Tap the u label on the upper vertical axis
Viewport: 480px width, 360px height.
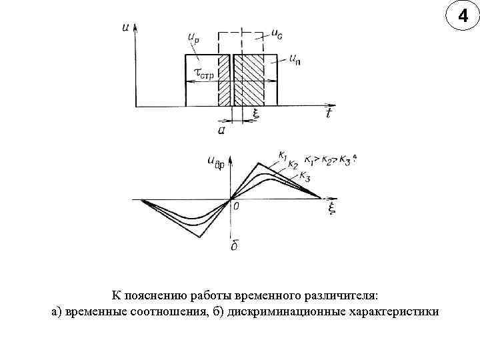[x=125, y=28]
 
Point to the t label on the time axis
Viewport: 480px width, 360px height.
[x=329, y=114]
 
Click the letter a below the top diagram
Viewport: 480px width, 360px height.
[x=222, y=131]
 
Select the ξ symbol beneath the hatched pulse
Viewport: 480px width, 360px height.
[x=255, y=114]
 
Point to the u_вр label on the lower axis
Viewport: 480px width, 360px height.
[x=217, y=163]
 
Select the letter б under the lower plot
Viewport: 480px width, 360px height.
[x=235, y=247]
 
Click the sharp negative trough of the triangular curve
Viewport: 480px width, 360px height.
[x=198, y=236]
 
